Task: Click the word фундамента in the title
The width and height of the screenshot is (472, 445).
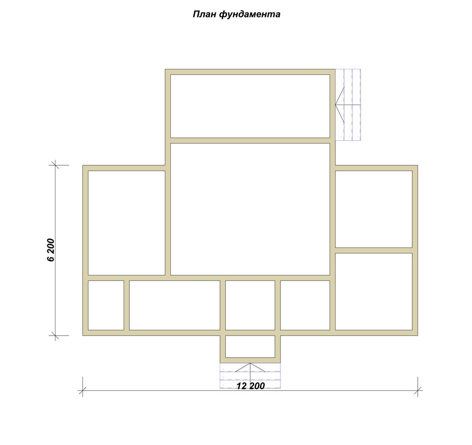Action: point(249,15)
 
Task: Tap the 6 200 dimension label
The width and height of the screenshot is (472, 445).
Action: point(51,250)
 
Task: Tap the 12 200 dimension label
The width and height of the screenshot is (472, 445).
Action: point(251,386)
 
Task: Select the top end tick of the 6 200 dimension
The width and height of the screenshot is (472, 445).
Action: point(55,165)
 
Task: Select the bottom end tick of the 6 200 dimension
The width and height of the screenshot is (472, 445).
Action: point(55,336)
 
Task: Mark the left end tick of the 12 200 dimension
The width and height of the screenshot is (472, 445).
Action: point(83,390)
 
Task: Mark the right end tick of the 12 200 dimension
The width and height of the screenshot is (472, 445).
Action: point(418,390)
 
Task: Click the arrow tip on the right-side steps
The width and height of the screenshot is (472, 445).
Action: point(336,105)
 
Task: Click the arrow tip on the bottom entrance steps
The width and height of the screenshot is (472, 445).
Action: point(250,363)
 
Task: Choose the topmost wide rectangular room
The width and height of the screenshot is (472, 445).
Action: point(250,106)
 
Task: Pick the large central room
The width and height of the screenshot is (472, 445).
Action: point(250,209)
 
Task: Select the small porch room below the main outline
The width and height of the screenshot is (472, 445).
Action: point(250,347)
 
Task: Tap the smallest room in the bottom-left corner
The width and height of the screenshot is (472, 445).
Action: point(106,305)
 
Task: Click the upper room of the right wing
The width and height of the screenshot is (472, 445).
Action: point(374,209)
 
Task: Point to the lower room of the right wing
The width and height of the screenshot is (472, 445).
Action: point(374,292)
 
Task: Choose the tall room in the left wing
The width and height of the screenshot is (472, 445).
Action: point(127,223)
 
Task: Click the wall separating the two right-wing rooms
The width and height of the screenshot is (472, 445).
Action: point(374,251)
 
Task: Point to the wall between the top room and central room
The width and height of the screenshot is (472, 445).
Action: point(250,140)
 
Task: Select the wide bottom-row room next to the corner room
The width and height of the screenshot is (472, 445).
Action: point(175,305)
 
